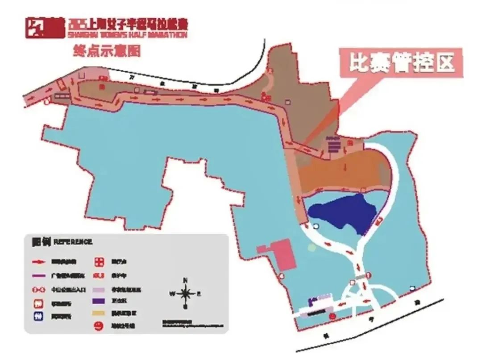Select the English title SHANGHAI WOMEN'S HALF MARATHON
pos(128,35)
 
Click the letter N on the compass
pos(185,280)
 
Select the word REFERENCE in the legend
pos(73,242)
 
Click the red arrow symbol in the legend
pos(39,261)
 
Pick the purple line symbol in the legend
pos(39,275)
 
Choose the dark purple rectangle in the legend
pos(99,301)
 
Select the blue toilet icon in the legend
pos(39,316)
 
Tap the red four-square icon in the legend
pos(99,261)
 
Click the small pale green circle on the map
pos(312,246)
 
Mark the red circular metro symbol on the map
pos(332,316)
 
